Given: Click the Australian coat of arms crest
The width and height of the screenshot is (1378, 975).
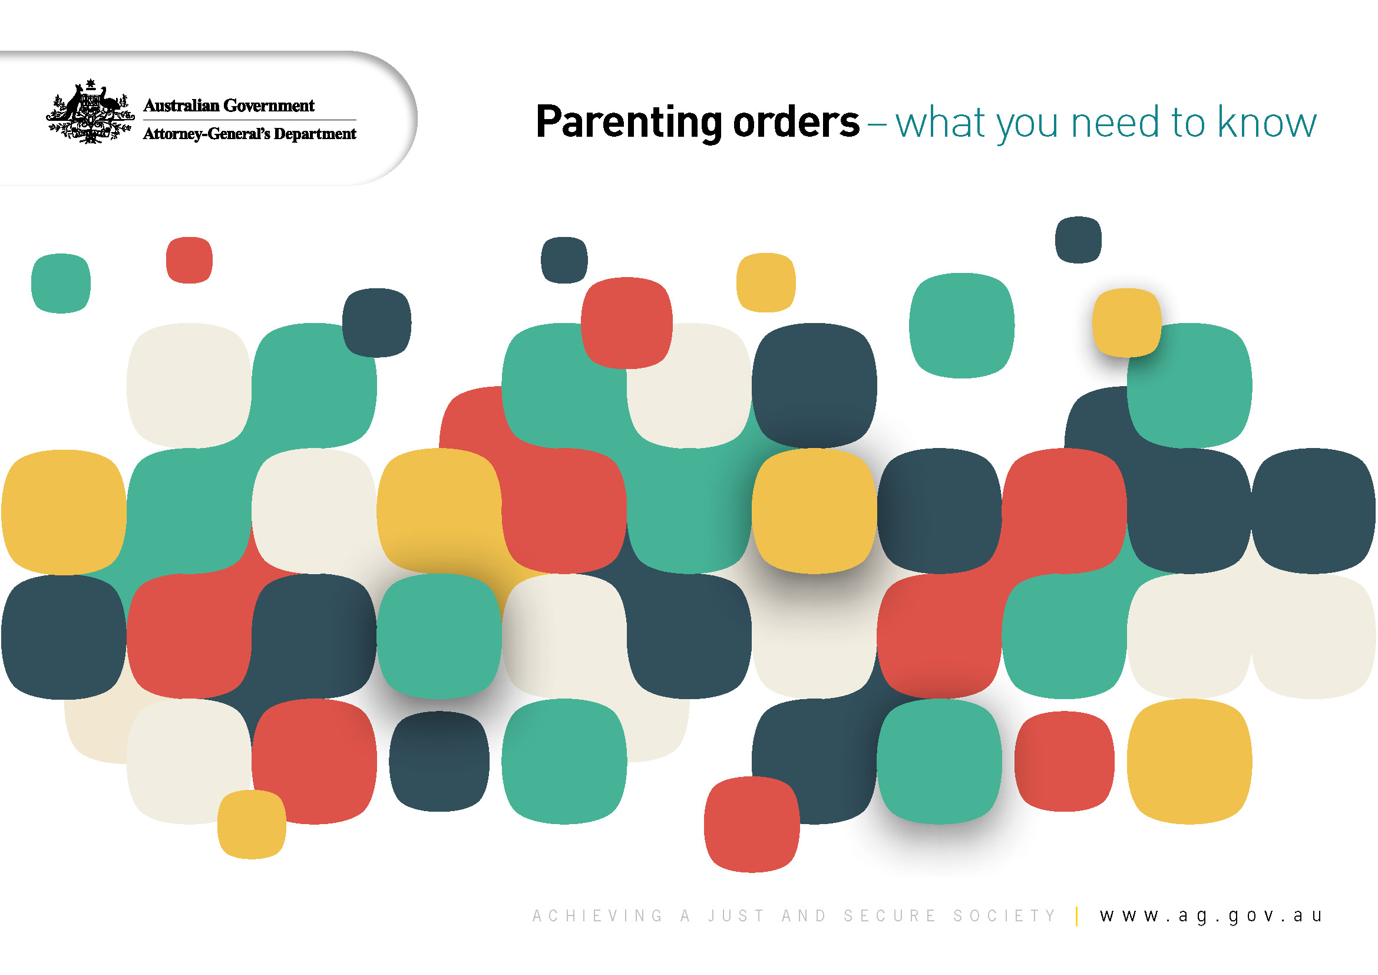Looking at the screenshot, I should tap(90, 111).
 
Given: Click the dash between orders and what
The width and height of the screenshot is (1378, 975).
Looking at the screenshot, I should tap(876, 124).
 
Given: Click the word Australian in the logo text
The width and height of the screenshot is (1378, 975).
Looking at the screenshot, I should tap(181, 106).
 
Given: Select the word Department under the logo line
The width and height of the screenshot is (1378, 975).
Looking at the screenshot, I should tap(315, 133).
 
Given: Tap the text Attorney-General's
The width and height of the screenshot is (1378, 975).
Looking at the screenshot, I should tap(206, 133).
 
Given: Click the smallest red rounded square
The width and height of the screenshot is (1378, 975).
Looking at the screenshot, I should tap(189, 260).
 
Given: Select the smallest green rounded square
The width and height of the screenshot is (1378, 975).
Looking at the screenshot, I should tap(61, 283).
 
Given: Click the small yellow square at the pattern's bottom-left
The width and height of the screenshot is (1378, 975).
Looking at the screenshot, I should tap(252, 824).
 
